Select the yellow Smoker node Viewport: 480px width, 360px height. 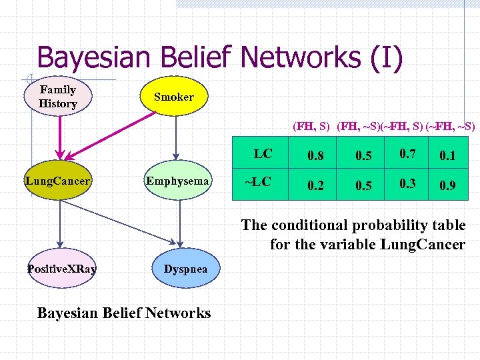[174, 97]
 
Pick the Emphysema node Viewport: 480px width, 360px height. [178, 181]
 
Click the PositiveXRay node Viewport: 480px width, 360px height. [61, 269]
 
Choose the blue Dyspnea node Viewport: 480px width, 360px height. [185, 269]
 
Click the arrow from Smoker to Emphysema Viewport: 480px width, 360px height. [175, 137]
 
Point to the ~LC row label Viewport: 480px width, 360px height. [258, 181]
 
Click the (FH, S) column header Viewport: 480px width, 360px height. [312, 126]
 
